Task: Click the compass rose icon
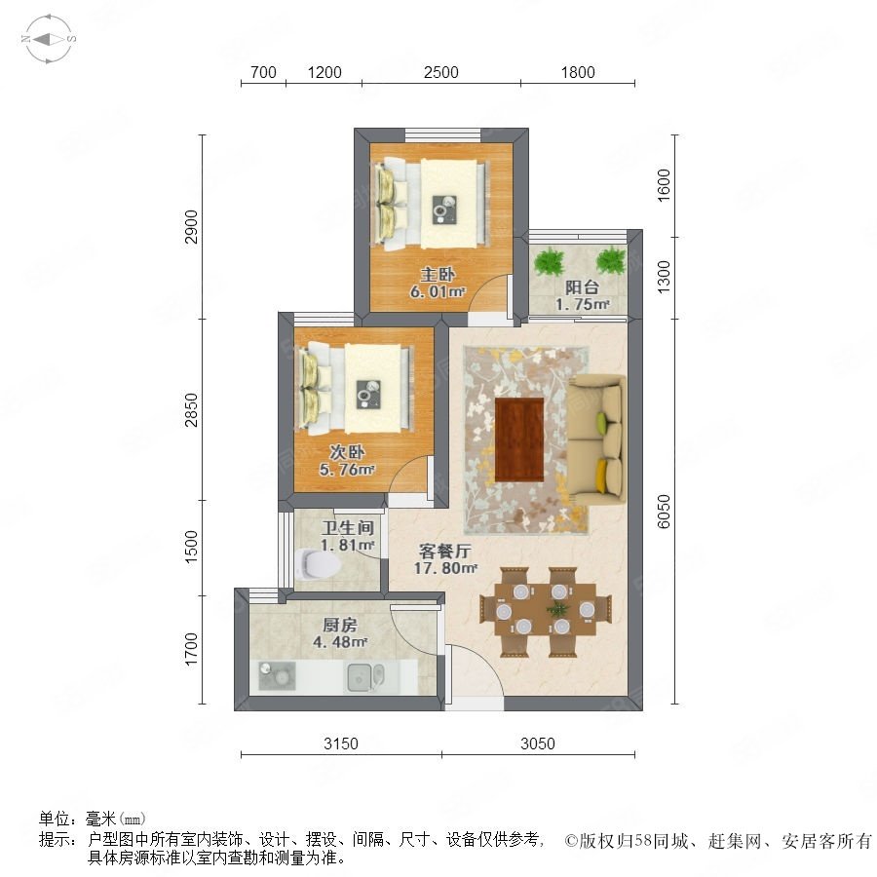(49, 39)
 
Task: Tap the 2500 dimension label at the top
(440, 72)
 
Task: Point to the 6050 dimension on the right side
(664, 512)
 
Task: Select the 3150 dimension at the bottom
(341, 744)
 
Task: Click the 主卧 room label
(438, 274)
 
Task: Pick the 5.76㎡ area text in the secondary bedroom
(347, 470)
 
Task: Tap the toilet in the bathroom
(317, 563)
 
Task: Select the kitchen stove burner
(277, 675)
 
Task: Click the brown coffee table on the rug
(519, 439)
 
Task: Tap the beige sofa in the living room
(597, 439)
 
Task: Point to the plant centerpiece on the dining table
(557, 609)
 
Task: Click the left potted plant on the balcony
(550, 261)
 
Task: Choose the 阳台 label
(582, 286)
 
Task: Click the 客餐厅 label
(445, 551)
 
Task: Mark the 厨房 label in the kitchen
(339, 625)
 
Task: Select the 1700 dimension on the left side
(191, 649)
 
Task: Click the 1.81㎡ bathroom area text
(347, 544)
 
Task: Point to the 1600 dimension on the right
(664, 185)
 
